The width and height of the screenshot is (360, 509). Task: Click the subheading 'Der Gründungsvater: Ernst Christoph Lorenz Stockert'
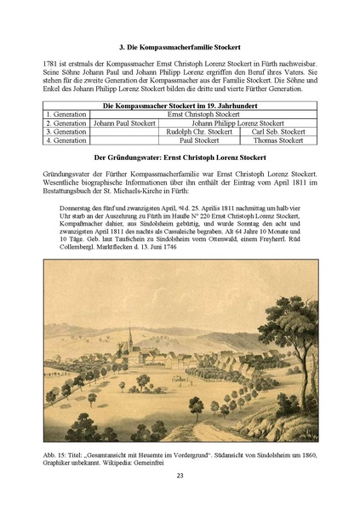coord(180,157)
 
